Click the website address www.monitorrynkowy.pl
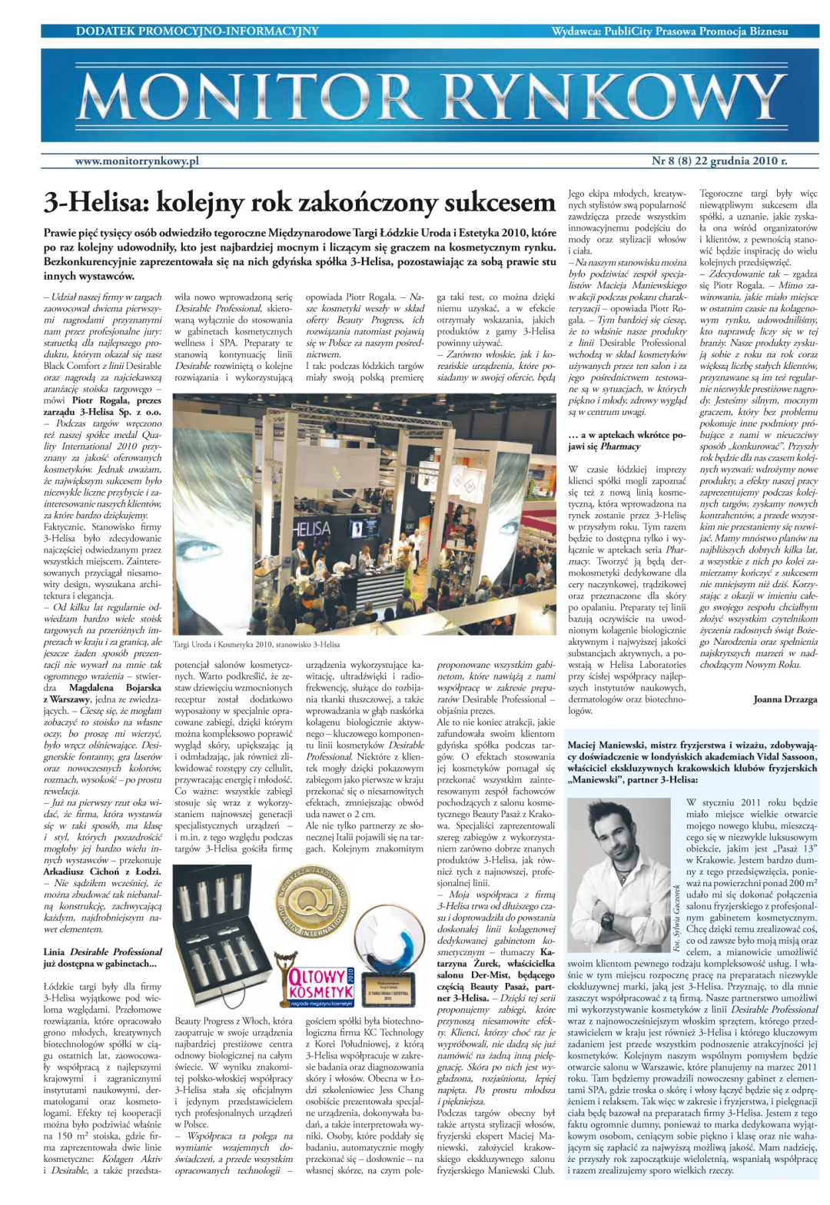tap(137, 161)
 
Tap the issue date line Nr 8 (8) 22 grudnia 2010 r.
tap(719, 161)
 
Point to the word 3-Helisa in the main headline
tap(95, 203)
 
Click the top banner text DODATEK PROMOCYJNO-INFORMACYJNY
tap(197, 32)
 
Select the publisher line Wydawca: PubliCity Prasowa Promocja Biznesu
tap(669, 32)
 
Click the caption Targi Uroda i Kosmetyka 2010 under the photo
tap(256, 644)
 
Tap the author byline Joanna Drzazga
tap(785, 699)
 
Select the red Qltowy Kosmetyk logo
tap(320, 984)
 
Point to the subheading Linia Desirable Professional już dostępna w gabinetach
tap(103, 958)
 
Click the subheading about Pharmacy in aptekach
tap(626, 440)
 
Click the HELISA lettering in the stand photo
tap(310, 528)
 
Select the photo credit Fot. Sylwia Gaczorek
tap(676, 918)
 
